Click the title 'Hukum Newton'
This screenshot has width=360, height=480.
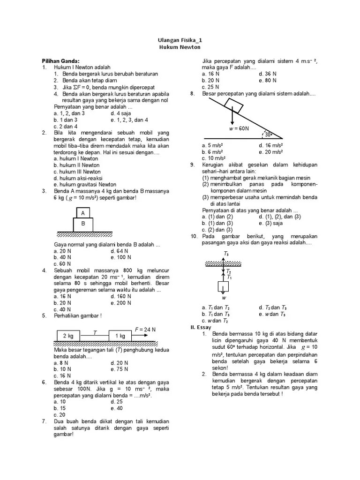(x=180, y=47)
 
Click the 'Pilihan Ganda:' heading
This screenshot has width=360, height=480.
(x=60, y=61)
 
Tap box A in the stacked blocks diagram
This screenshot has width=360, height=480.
(x=83, y=213)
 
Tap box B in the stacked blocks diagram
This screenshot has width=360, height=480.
(x=83, y=224)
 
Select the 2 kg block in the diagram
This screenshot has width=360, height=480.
(x=68, y=336)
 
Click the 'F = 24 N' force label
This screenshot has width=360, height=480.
(x=145, y=329)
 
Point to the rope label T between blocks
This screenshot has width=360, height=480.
(x=94, y=332)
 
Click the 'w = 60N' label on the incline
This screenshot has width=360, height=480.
(x=239, y=128)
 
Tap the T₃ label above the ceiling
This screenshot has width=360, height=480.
(x=226, y=254)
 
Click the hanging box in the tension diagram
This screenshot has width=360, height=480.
(x=224, y=286)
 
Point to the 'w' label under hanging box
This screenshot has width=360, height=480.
(x=224, y=298)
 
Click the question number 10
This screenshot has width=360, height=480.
(x=194, y=236)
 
